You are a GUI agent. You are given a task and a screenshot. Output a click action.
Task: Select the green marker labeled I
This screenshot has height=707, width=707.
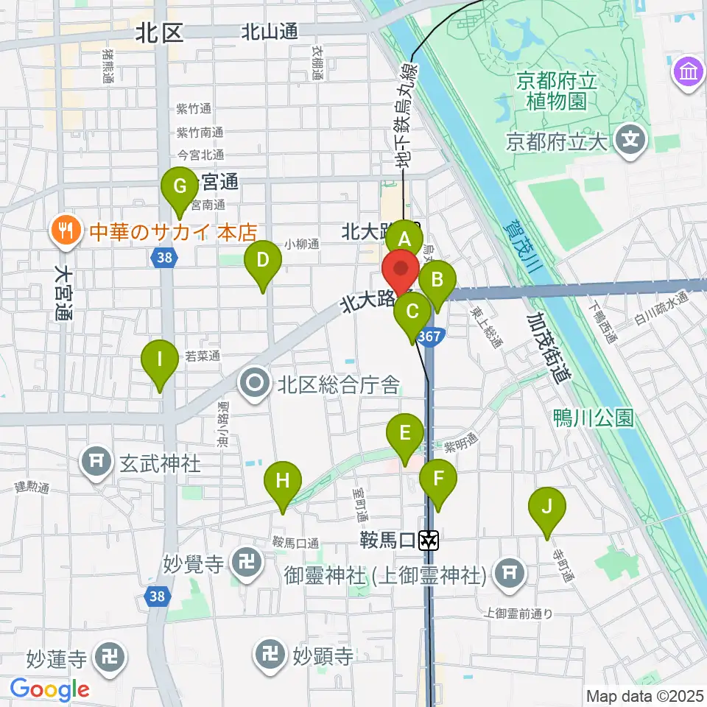[x=159, y=360]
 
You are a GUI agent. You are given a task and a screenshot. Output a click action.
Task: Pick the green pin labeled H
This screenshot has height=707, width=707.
[x=283, y=482]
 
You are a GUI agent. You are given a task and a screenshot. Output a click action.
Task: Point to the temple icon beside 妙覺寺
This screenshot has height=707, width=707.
[x=244, y=565]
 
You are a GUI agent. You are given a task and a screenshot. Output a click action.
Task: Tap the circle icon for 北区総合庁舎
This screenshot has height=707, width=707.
[x=256, y=384]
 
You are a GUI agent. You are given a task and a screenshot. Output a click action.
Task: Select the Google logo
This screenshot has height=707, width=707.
[x=49, y=690]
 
